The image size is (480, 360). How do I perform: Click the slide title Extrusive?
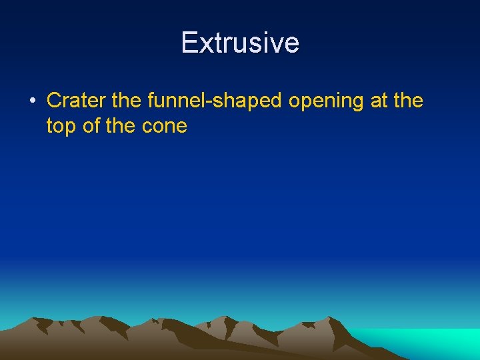(x=240, y=43)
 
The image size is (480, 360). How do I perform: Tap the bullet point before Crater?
(x=32, y=101)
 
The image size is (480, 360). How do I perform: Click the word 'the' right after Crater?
(x=127, y=101)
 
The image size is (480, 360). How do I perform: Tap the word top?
(x=61, y=127)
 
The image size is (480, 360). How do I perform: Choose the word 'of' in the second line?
(x=91, y=125)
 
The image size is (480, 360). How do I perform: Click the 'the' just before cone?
(x=121, y=125)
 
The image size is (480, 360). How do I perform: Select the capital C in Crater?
(x=54, y=101)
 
